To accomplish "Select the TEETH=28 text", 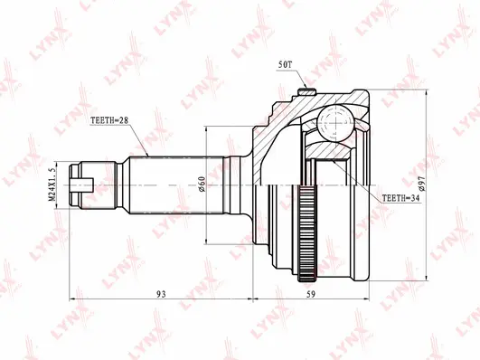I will pyautogui.click(x=110, y=119).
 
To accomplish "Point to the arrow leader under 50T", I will pyautogui.click(x=304, y=80).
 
